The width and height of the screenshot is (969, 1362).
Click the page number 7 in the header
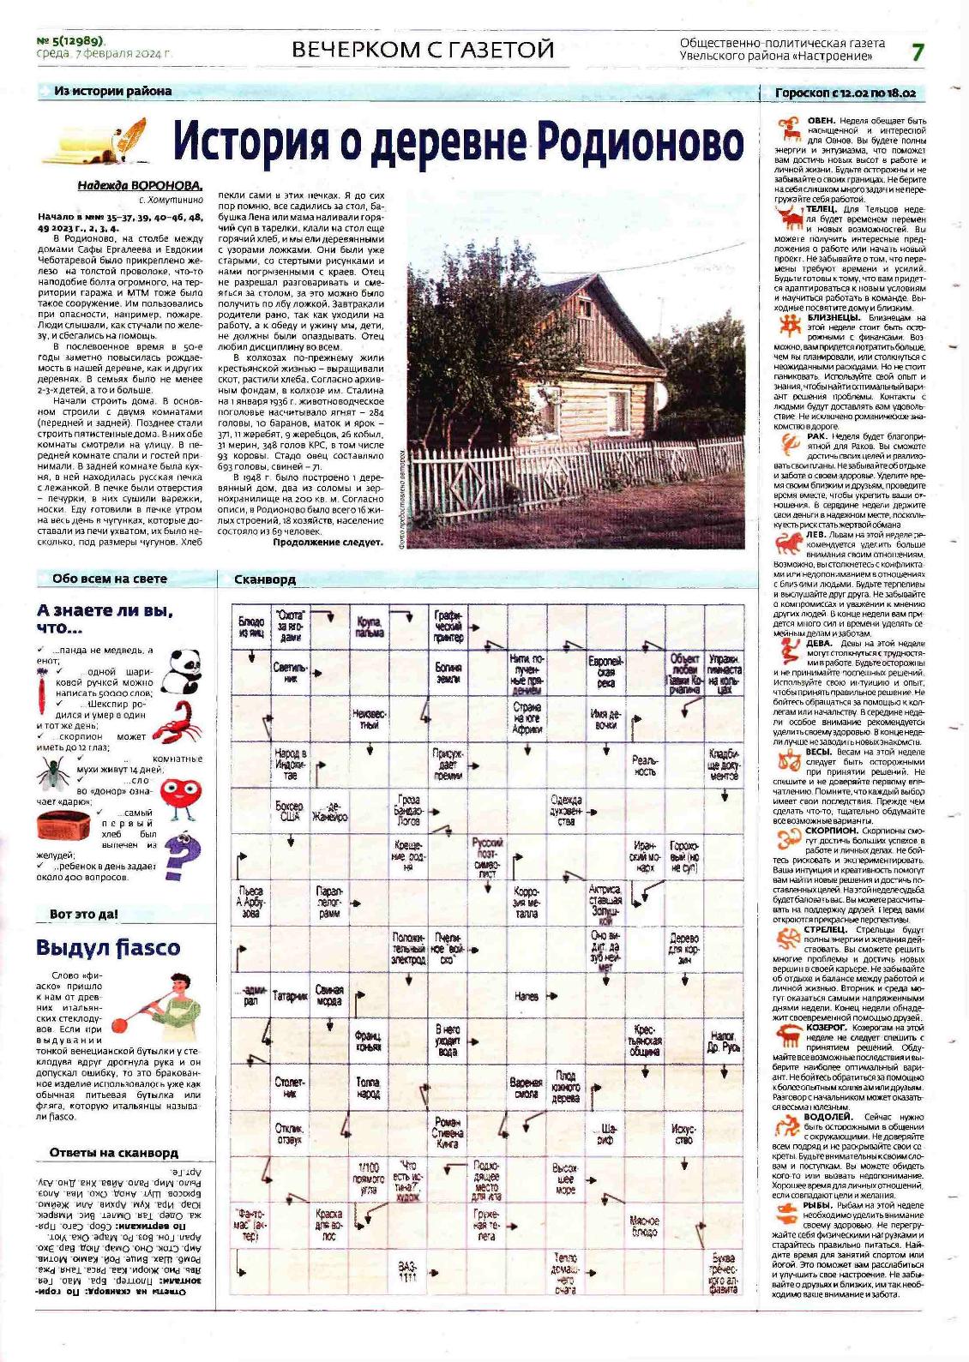pyautogui.click(x=918, y=51)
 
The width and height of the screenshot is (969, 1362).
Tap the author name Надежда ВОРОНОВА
pyautogui.click(x=141, y=185)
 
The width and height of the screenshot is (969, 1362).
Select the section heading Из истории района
pyautogui.click(x=112, y=91)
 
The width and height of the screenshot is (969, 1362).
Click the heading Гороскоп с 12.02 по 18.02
pyautogui.click(x=845, y=93)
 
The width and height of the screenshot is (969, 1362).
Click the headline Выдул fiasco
pyautogui.click(x=108, y=947)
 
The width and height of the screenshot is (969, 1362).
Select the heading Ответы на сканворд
pyautogui.click(x=113, y=1152)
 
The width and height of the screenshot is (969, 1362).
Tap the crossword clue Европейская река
pyautogui.click(x=605, y=672)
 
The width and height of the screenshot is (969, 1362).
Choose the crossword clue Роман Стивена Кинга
pyautogui.click(x=448, y=1131)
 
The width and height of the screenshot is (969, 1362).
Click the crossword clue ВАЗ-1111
pyautogui.click(x=408, y=1270)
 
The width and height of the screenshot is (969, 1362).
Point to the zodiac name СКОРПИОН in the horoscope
pyautogui.click(x=830, y=830)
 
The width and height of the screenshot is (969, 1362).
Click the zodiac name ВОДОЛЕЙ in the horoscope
pyautogui.click(x=828, y=1117)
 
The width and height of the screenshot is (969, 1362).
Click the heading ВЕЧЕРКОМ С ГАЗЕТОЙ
pyautogui.click(x=423, y=50)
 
